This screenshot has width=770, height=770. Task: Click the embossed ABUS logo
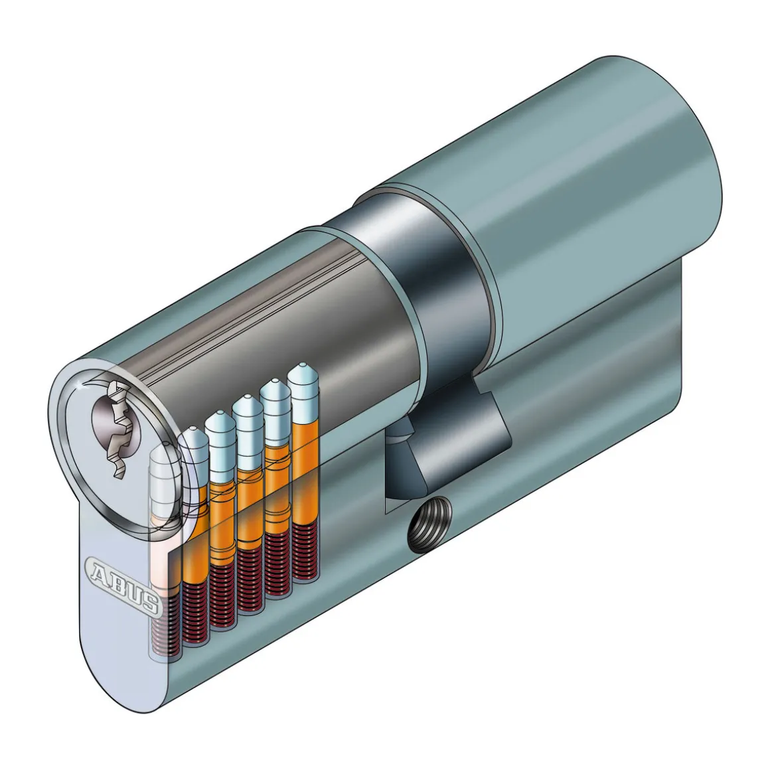122,584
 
